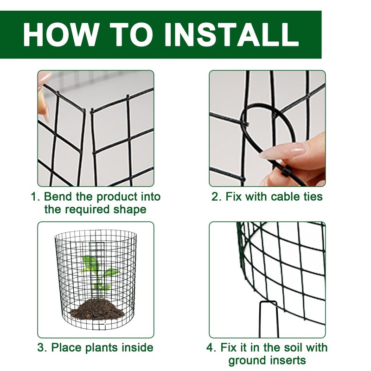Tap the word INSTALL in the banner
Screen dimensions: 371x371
231,34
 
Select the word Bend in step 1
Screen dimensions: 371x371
58,197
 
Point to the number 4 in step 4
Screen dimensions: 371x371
211,347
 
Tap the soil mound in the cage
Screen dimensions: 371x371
97,308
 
